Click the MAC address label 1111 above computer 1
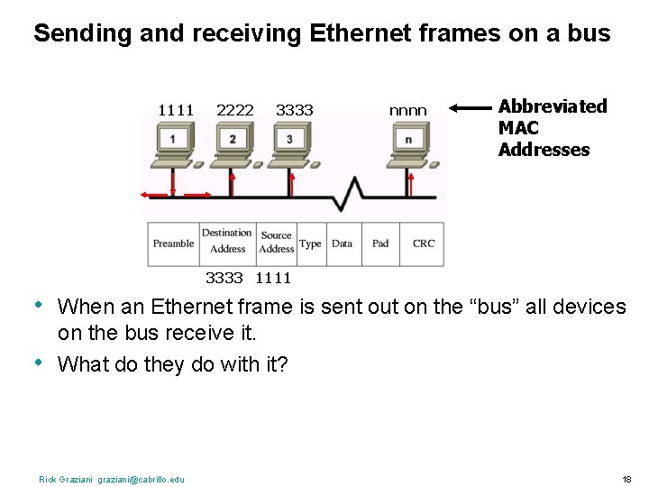click(x=176, y=110)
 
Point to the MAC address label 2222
click(x=235, y=110)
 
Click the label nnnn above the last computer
click(x=407, y=111)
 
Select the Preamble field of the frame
click(x=173, y=243)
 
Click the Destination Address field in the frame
click(x=227, y=241)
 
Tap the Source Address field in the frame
click(x=277, y=242)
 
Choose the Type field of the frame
click(x=310, y=243)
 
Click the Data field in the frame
click(x=343, y=243)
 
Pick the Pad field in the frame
click(x=380, y=243)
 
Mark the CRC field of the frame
click(x=424, y=243)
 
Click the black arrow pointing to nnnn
click(x=470, y=108)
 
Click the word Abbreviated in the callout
click(x=553, y=106)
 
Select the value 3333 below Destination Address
click(x=224, y=278)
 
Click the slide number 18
click(x=626, y=479)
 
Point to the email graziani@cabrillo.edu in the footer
click(x=141, y=479)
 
